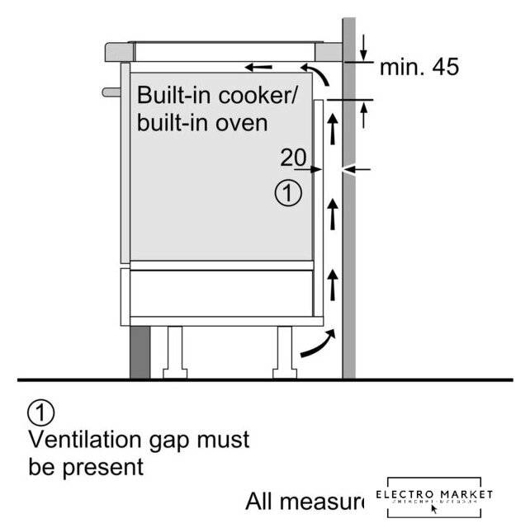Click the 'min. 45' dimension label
pyautogui.click(x=419, y=68)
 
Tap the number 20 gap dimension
pyautogui.click(x=293, y=157)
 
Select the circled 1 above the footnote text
pyautogui.click(x=40, y=411)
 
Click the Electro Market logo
pyautogui.click(x=434, y=497)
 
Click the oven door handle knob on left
pyautogui.click(x=107, y=88)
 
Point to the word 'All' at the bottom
pyautogui.click(x=262, y=501)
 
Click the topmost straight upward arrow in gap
pyautogui.click(x=333, y=128)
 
